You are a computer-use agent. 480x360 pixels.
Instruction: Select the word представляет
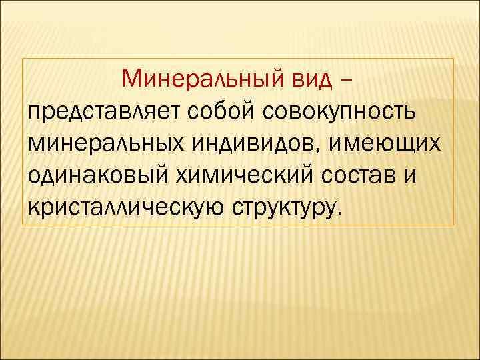97,111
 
